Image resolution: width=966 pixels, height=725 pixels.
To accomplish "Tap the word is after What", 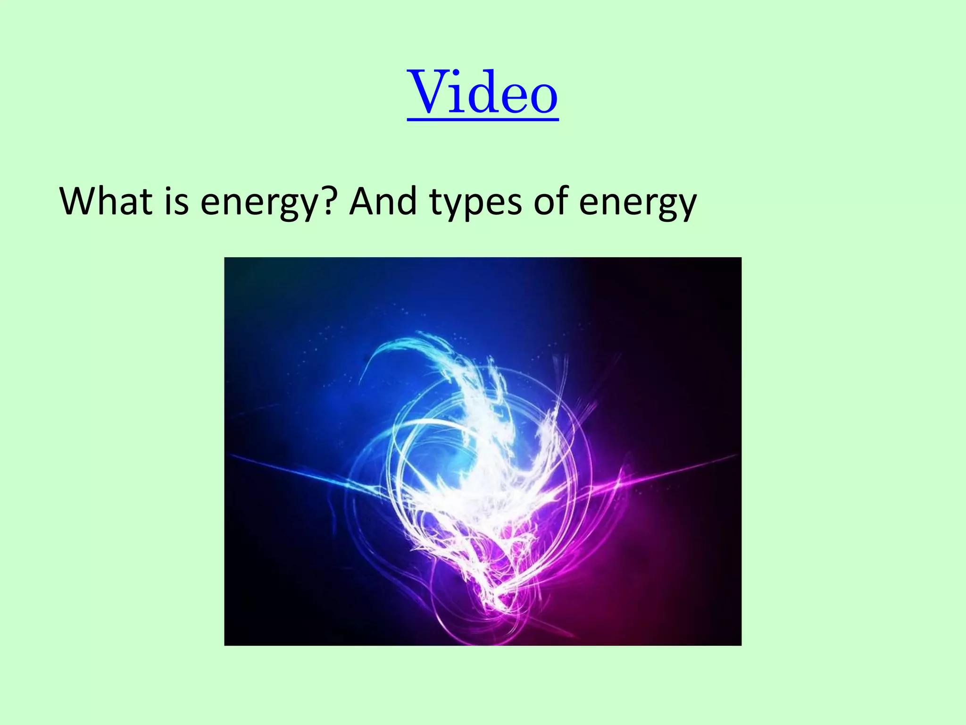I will tap(177, 202).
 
